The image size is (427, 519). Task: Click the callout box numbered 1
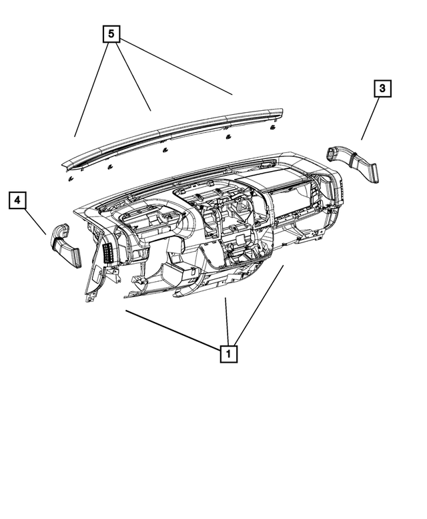pos(228,352)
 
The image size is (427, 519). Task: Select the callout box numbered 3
pos(382,89)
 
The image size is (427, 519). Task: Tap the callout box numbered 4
pos(18,200)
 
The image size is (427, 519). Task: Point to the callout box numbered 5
pos(111,33)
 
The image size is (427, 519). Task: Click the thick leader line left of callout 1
pos(173,327)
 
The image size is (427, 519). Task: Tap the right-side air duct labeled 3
pos(357,166)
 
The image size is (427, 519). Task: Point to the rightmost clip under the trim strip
pos(274,125)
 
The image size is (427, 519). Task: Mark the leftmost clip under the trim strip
pos(70,178)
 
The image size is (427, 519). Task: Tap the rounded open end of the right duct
pos(332,156)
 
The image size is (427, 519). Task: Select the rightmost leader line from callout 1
pos(260,304)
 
